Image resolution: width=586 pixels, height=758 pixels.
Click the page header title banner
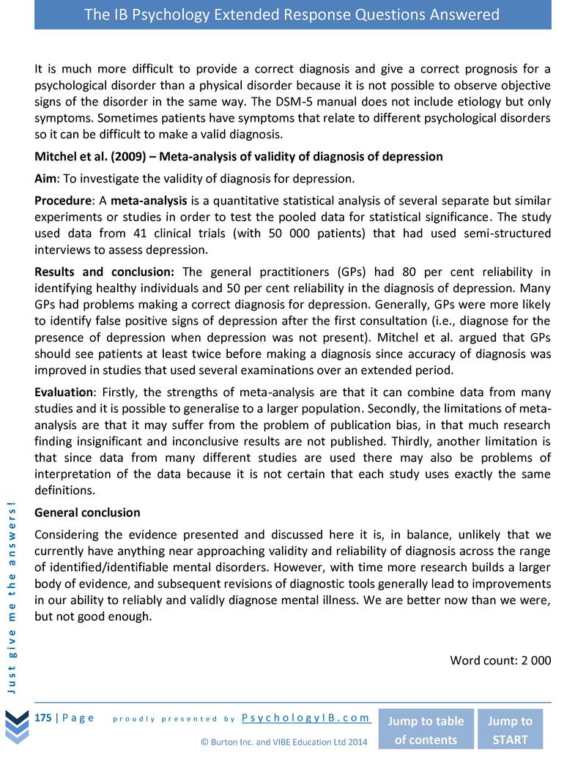click(x=292, y=15)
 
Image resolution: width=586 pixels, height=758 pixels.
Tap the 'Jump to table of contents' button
click(x=426, y=729)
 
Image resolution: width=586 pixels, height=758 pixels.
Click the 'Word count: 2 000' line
click(x=500, y=660)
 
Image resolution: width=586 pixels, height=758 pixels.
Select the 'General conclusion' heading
click(x=87, y=512)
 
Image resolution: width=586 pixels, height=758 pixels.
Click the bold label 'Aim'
click(x=46, y=179)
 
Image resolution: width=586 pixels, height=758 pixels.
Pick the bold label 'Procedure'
click(x=64, y=201)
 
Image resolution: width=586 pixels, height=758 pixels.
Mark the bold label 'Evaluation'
click(x=64, y=392)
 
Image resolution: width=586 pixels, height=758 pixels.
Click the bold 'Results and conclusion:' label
click(x=104, y=272)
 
